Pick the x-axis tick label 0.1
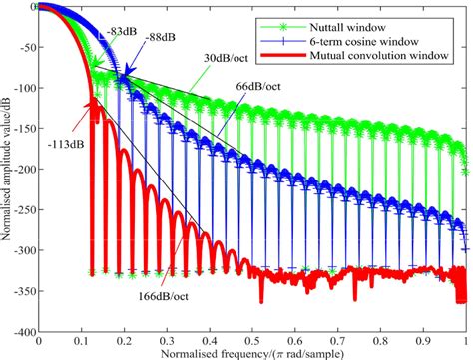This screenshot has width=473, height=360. (80, 339)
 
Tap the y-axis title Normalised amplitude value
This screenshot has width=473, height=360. (7, 170)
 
